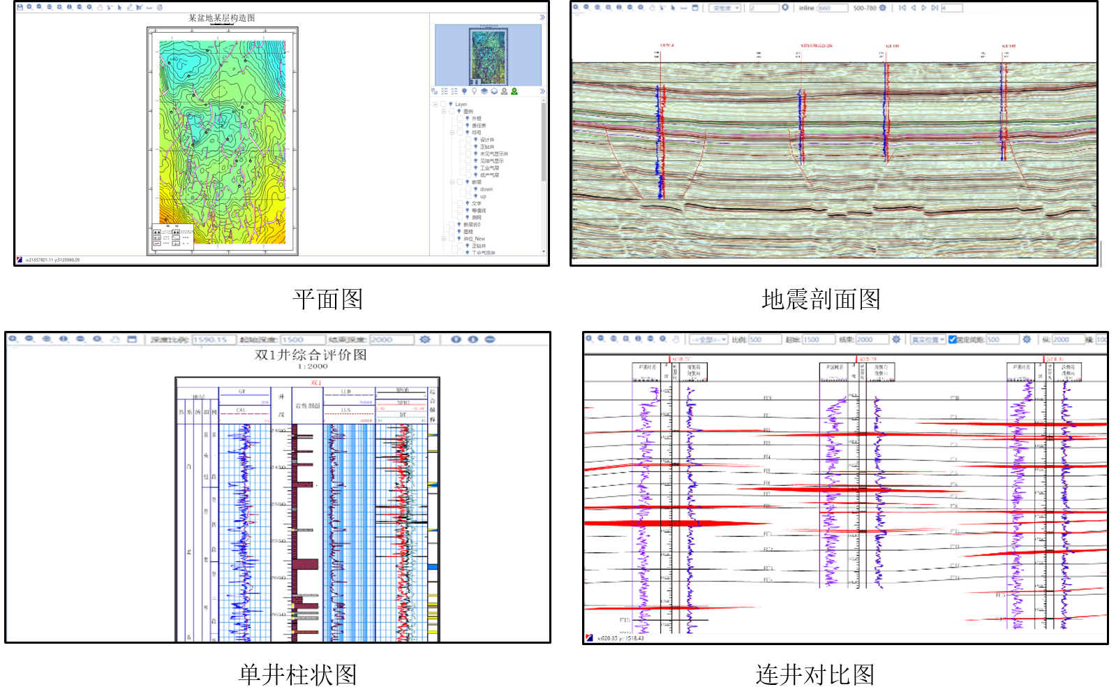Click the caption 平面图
327,300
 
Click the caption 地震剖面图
821,300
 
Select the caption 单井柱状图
297,674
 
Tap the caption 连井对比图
814,674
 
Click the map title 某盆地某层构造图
221,18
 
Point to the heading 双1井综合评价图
311,355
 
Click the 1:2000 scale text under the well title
312,366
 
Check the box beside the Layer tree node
443,104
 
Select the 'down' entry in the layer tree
486,189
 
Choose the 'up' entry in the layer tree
483,196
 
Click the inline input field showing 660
833,8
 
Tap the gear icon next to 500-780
883,8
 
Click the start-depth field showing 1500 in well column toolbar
302,339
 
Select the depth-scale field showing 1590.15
214,339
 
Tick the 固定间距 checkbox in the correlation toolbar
952,339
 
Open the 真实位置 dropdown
928,339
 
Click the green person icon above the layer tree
514,91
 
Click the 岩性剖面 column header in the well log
307,405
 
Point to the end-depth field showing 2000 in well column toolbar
391,339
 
